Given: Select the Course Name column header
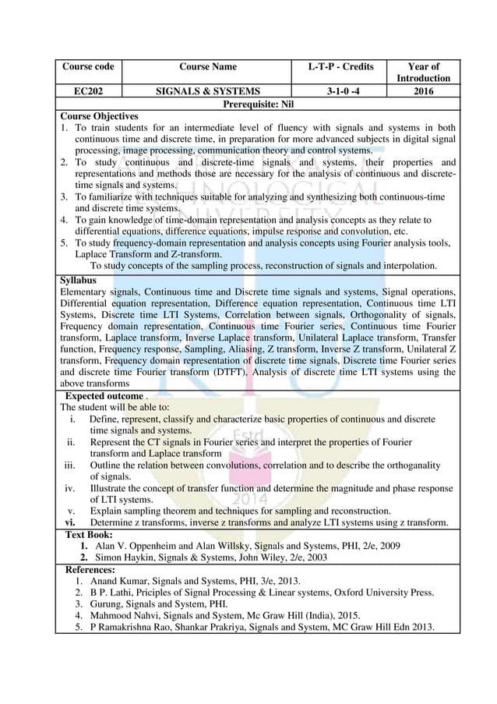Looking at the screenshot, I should coord(207,67).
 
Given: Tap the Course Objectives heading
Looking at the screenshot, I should coord(98,116).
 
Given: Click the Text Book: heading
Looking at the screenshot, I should coord(89,534).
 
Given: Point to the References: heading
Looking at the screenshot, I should coord(90,570).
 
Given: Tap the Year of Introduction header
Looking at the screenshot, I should coord(423,73).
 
